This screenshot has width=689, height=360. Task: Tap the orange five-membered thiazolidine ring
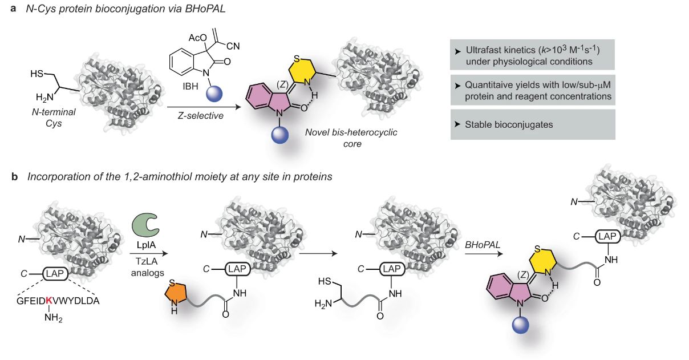[173, 296]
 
